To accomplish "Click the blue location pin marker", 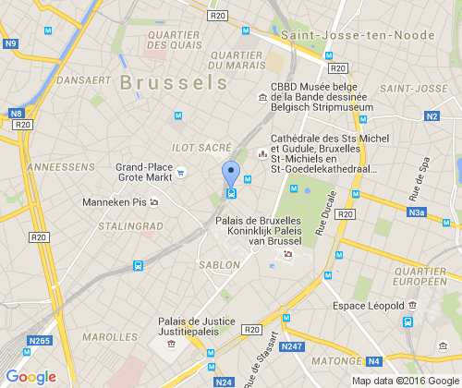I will (x=231, y=175).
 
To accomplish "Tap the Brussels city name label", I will (x=173, y=81).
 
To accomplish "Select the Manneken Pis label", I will (x=115, y=201).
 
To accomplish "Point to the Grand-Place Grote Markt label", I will (x=144, y=173).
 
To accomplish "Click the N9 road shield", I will (x=10, y=43).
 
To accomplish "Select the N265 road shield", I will (x=39, y=342).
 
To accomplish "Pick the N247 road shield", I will (x=293, y=346).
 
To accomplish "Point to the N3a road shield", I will (x=419, y=212).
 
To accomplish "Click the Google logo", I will (x=30, y=376).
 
